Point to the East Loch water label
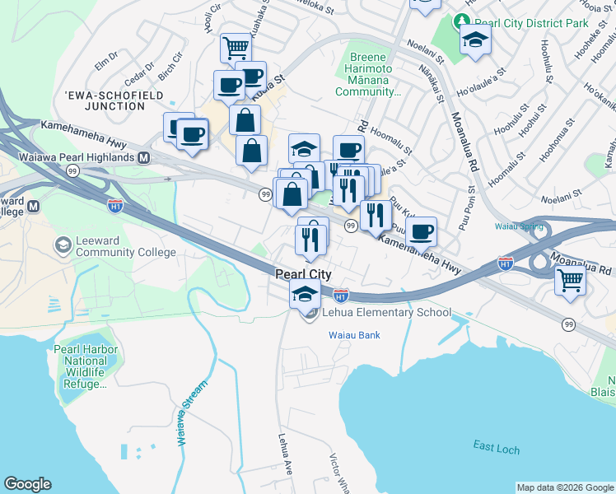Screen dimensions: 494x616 [496, 446]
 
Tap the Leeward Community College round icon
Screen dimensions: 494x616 [63, 245]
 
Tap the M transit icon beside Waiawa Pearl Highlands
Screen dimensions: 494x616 [144, 157]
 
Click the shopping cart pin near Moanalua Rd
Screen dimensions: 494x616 [570, 280]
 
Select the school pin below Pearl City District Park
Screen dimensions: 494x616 [475, 40]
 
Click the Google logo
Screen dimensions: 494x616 [27, 484]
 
